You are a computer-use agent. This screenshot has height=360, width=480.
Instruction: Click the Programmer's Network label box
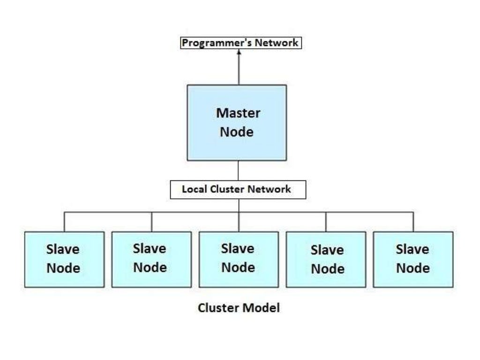pyautogui.click(x=240, y=43)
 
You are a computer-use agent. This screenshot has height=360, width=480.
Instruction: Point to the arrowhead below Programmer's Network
pyautogui.click(x=239, y=52)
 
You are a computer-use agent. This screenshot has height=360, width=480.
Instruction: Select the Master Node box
pyautogui.click(x=237, y=122)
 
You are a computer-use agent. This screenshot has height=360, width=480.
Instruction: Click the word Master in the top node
pyautogui.click(x=238, y=113)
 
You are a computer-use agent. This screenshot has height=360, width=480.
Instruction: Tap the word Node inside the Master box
pyautogui.click(x=237, y=132)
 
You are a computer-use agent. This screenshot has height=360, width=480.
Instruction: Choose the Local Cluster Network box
pyautogui.click(x=238, y=190)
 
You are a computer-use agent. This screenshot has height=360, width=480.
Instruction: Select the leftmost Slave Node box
pyautogui.click(x=64, y=259)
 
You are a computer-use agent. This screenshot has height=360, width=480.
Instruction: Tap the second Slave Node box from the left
pyautogui.click(x=151, y=259)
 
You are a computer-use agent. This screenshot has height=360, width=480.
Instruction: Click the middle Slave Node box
pyautogui.click(x=239, y=259)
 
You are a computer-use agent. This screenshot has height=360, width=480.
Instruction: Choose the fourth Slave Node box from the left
pyautogui.click(x=326, y=259)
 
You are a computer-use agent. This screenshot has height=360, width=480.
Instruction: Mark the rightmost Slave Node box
pyautogui.click(x=413, y=259)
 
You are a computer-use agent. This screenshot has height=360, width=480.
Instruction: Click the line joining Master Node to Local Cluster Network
pyautogui.click(x=239, y=171)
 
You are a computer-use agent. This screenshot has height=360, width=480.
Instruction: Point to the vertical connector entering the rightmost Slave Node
pyautogui.click(x=413, y=222)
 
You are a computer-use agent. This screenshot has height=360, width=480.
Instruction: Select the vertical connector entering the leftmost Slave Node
pyautogui.click(x=64, y=222)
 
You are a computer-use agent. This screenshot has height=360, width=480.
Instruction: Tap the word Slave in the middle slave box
pyautogui.click(x=238, y=249)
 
